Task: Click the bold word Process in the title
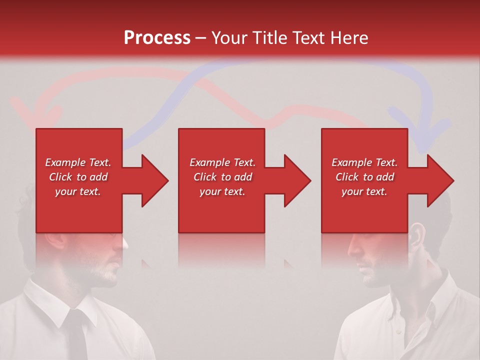coord(157,38)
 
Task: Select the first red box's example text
coord(78,177)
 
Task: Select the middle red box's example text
coord(222,177)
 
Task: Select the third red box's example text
coord(364,177)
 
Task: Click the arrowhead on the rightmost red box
coord(439,180)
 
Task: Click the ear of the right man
coord(418,235)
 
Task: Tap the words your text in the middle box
coord(222,191)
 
